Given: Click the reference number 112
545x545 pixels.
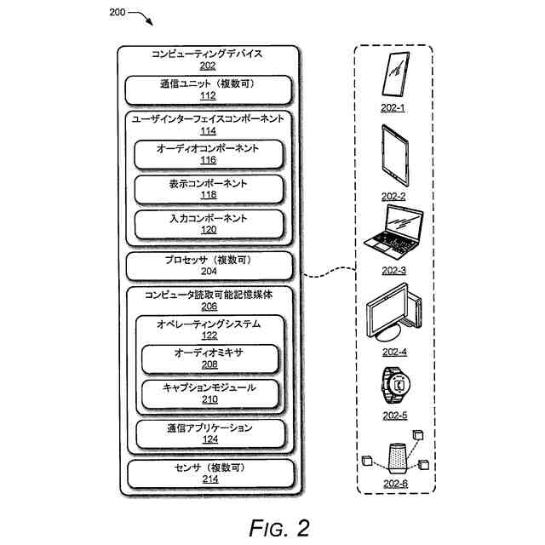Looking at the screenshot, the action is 208,95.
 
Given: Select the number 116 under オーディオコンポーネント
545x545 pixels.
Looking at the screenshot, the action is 208,160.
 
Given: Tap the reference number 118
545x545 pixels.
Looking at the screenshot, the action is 209,195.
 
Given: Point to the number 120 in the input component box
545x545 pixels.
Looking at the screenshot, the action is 209,230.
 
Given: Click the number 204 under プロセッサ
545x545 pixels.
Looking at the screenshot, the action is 209,271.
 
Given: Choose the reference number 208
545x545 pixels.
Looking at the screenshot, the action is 209,364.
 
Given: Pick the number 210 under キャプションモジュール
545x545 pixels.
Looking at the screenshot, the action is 210,399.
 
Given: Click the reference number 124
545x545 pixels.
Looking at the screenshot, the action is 210,439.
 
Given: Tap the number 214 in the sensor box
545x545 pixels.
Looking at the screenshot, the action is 210,479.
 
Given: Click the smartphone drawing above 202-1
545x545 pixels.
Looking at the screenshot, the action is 395,74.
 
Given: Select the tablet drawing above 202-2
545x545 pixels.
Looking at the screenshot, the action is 395,156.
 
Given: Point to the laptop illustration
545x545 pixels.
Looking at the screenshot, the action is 393,232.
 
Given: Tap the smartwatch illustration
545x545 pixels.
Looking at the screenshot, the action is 395,385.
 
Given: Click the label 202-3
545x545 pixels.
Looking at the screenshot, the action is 393,271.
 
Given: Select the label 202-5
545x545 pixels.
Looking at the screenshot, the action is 395,416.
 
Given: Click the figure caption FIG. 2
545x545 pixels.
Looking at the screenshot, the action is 279,528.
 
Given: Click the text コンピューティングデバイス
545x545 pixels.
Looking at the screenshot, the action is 207,54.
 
